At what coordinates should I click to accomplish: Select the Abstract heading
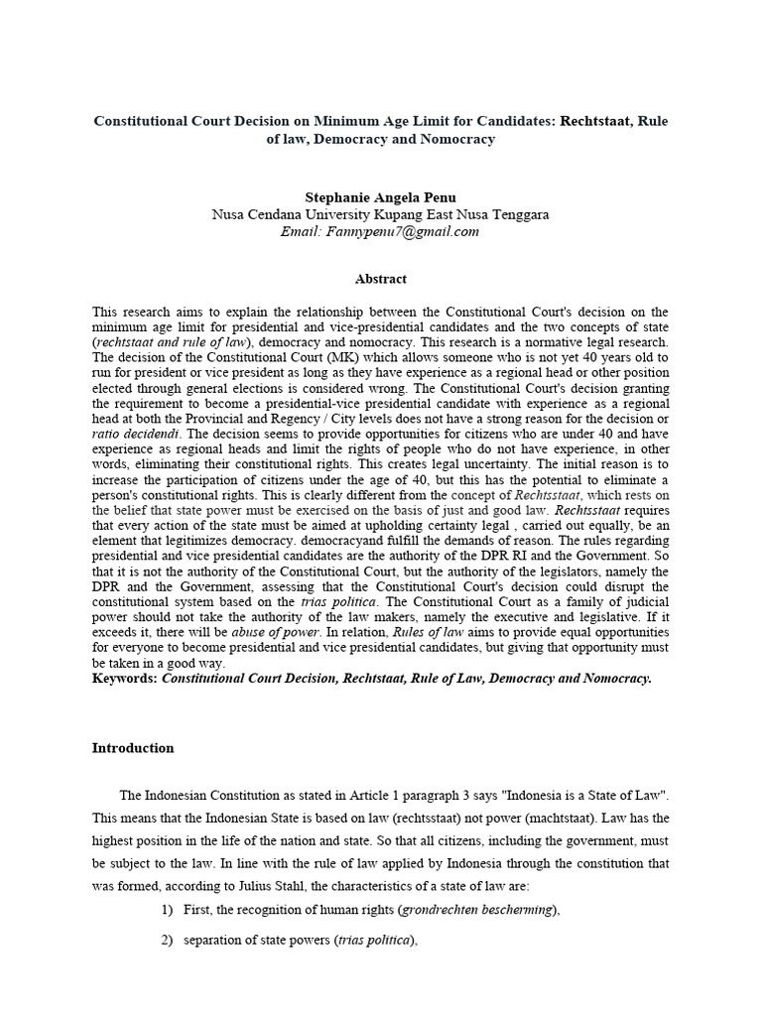(381, 279)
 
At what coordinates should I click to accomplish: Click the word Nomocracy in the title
(452, 140)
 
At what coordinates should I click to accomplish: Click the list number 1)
(167, 910)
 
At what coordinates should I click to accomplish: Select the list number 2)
(167, 941)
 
